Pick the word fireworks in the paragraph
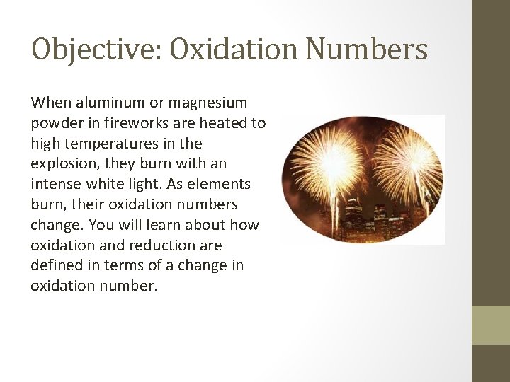pos(125,123)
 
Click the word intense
pos(56,185)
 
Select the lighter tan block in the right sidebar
pos(491,325)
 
